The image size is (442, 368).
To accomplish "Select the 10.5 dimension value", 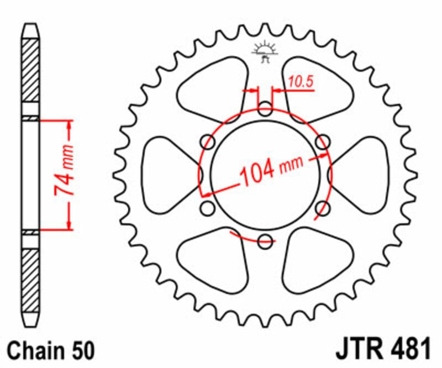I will (x=301, y=82).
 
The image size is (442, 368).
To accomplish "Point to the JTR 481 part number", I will (x=382, y=350).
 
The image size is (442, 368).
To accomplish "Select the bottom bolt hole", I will (x=265, y=240).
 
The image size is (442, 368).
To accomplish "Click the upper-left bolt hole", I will (x=209, y=142).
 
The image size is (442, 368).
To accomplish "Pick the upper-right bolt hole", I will (x=322, y=142).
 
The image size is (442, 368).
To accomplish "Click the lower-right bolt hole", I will (x=324, y=208).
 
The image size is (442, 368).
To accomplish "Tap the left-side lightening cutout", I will (x=169, y=175).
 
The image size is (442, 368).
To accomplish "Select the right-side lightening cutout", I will (x=362, y=175).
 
